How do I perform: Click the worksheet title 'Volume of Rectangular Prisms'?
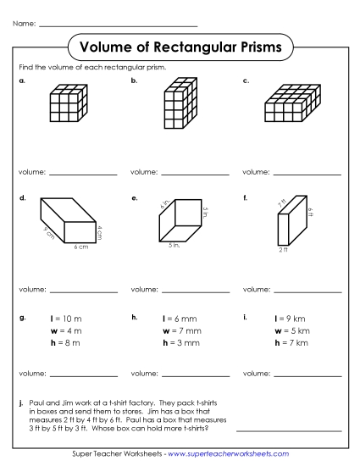180,47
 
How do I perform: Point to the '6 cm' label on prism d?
80,247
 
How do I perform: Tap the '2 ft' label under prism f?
283,249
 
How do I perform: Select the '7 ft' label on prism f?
281,203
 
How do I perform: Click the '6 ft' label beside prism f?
312,214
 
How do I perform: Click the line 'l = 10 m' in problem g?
66,319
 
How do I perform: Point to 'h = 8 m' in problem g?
65,342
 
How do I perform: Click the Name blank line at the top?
118,25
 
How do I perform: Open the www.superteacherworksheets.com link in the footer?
233,454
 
